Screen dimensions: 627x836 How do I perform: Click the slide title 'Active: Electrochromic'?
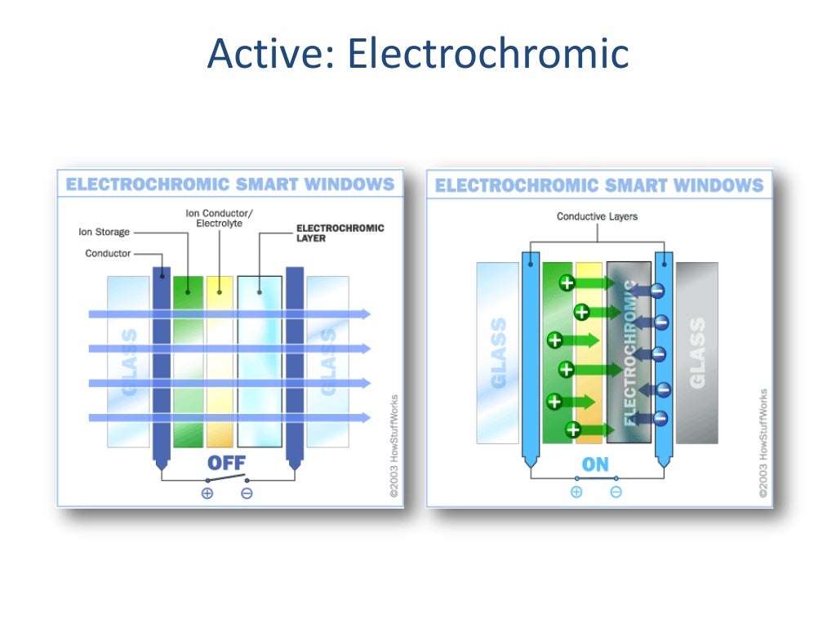coord(418,54)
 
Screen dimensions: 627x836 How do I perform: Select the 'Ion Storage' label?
coord(104,232)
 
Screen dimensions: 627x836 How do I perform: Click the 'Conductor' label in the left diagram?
coord(108,253)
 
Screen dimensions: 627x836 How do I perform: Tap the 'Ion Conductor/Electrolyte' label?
coord(219,218)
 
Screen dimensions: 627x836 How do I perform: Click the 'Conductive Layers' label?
coord(597,216)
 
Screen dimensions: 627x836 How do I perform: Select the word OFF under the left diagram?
coord(226,463)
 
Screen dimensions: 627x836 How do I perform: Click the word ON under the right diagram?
coord(595,465)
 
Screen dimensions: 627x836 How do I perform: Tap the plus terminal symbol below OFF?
coord(207,493)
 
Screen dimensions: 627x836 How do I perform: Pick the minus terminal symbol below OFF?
coord(247,493)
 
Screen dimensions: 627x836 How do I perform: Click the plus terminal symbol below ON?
coord(576,491)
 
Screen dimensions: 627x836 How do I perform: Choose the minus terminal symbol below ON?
coord(616,491)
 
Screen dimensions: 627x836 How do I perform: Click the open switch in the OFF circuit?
coord(227,478)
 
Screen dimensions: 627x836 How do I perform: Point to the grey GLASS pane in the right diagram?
coord(696,353)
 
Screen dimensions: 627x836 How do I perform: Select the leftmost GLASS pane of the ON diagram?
coord(497,353)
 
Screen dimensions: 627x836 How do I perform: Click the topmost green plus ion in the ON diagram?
coord(567,283)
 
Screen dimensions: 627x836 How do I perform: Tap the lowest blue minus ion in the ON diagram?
coord(660,419)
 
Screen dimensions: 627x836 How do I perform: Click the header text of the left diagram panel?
coord(229,185)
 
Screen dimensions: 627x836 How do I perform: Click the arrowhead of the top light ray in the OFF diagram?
coord(366,313)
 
